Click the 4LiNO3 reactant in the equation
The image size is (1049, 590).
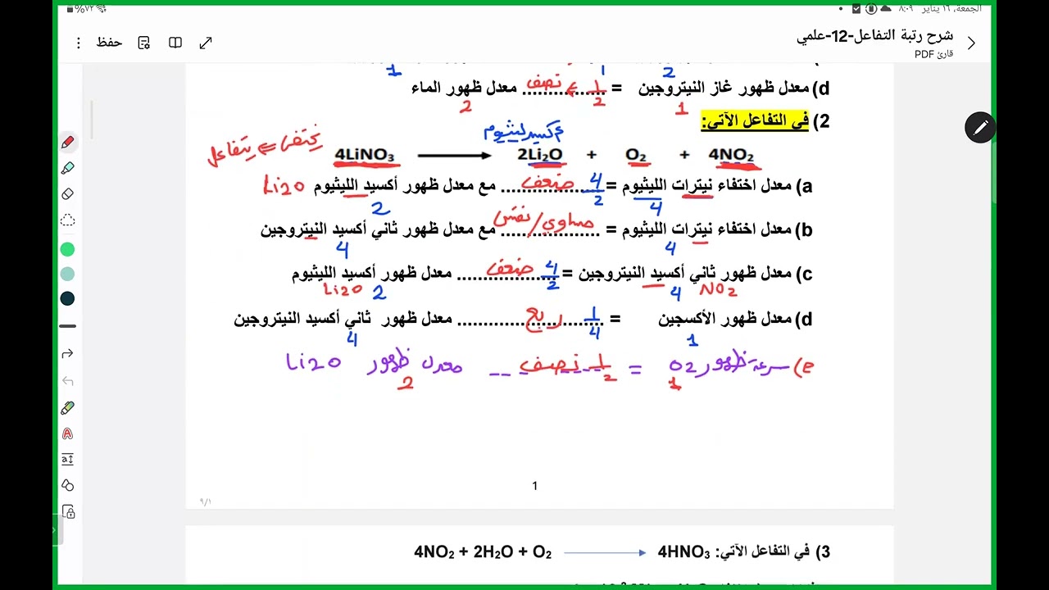coord(365,155)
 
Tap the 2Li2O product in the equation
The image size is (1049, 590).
coord(540,155)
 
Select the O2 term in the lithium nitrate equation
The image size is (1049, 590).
coord(636,155)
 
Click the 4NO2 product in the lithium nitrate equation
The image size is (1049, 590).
coord(731,155)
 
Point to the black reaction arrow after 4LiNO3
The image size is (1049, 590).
coord(454,155)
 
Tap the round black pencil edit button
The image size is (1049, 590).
coord(980,128)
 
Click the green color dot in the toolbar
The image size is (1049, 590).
coord(68,249)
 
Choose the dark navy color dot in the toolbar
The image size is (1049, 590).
coord(68,298)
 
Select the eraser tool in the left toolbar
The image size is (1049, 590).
coord(68,194)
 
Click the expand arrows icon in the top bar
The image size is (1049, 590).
coord(206,43)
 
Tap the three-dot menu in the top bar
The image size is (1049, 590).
coord(79,43)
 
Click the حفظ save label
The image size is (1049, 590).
coord(109,43)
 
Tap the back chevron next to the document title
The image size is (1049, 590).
coord(971,43)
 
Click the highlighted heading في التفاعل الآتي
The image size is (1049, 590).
coord(755,121)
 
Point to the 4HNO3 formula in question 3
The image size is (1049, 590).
coord(683,552)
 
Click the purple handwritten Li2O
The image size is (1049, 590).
coord(313,361)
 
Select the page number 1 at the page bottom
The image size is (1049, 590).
coord(535,486)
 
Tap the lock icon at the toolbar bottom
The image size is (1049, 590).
coord(68,512)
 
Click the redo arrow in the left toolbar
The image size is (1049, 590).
coord(68,353)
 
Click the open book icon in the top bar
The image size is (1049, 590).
coord(175,43)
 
